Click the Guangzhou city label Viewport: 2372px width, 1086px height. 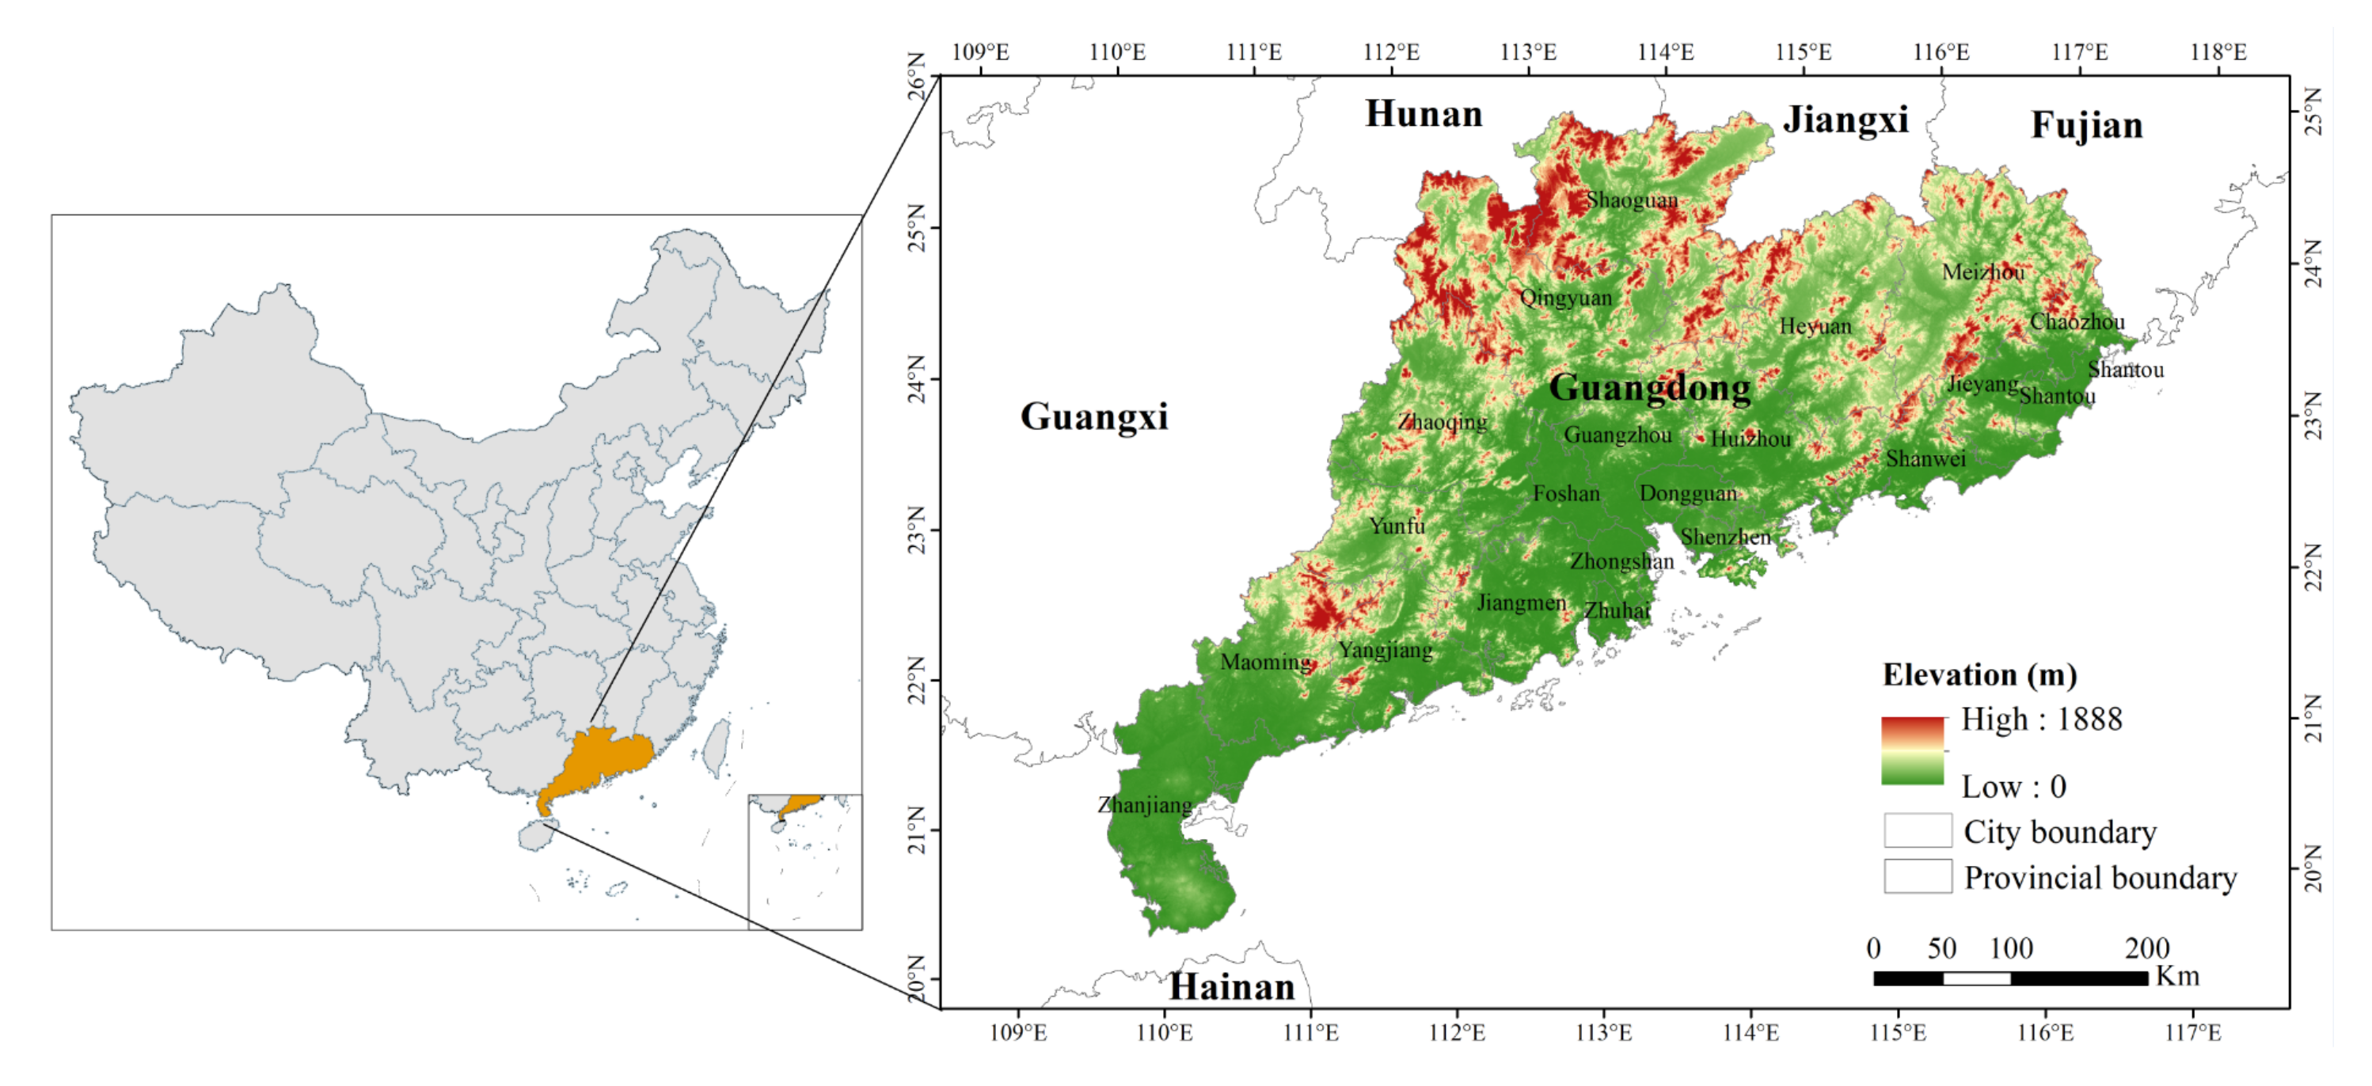[x=1617, y=435]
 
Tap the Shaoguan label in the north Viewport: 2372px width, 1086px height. [x=1631, y=199]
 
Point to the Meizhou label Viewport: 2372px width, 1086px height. [x=1982, y=271]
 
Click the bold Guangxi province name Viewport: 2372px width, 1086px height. [x=1093, y=416]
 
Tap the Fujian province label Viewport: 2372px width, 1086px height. [x=2086, y=125]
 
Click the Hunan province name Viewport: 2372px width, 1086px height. [x=1423, y=114]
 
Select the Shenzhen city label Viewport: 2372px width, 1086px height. [x=1724, y=537]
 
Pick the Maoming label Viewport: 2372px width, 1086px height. [x=1265, y=662]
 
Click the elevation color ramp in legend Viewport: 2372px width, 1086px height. [x=1913, y=751]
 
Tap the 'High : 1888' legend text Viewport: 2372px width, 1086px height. [x=2040, y=719]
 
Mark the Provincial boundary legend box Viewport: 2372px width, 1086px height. [x=1917, y=876]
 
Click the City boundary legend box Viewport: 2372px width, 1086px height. [x=1917, y=830]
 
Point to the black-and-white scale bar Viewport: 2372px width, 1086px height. [x=2009, y=978]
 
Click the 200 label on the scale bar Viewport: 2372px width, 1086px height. [x=2146, y=948]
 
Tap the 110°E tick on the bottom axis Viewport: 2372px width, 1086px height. [x=1164, y=1033]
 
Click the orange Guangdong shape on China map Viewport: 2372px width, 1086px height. [x=603, y=759]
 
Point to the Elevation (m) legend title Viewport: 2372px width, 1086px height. [x=1979, y=674]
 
